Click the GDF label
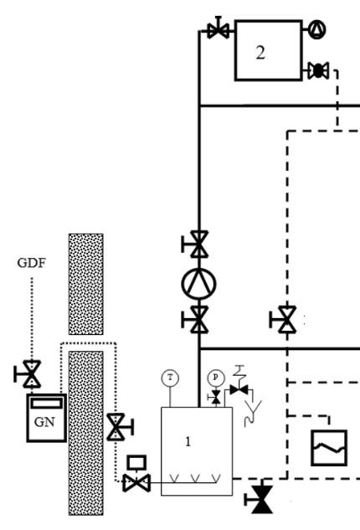[x=32, y=263]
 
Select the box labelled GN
[x=47, y=418]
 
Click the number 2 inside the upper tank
[x=260, y=53]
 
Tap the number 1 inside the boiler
[x=188, y=441]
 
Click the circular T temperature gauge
[x=170, y=378]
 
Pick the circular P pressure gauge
[x=216, y=378]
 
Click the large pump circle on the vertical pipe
[x=198, y=284]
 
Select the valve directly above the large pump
[x=195, y=244]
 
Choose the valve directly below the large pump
[x=195, y=320]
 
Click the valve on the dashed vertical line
[x=283, y=320]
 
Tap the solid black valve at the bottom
[x=259, y=499]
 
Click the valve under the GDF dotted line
[x=28, y=373]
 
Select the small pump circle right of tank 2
[x=317, y=29]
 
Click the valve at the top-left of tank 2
[x=219, y=28]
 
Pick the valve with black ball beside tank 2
[x=318, y=70]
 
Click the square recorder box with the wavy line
[x=329, y=448]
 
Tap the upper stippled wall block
[x=86, y=284]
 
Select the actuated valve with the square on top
[x=136, y=474]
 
